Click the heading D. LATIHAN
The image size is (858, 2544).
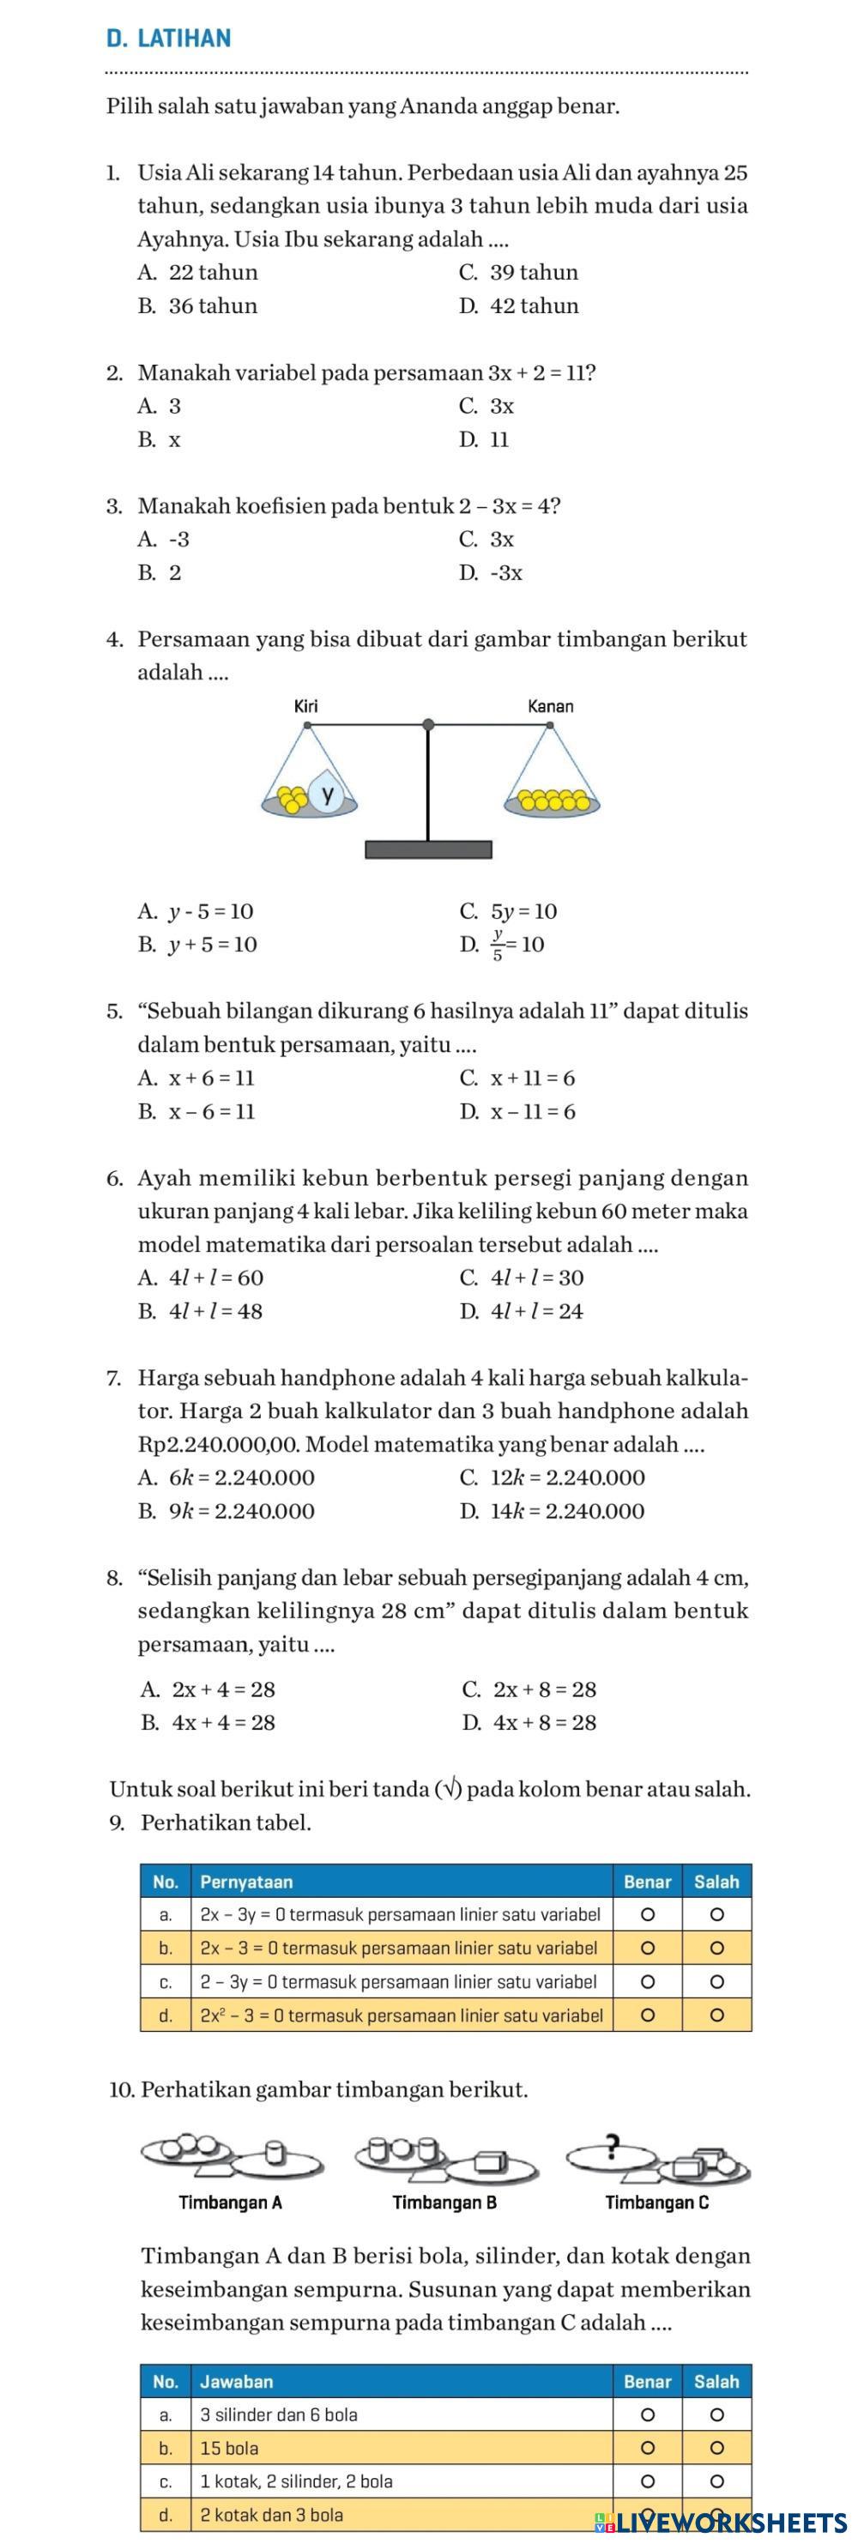coord(168,39)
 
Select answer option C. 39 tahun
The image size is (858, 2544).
coord(518,272)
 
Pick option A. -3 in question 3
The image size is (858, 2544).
coord(164,539)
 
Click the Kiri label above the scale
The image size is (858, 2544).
coord(307,706)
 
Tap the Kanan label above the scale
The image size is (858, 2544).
coord(550,706)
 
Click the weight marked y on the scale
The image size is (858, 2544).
coord(327,794)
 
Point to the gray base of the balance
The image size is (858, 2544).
coord(428,850)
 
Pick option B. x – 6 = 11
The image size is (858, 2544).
coord(196,1111)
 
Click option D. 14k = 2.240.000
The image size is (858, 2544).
coord(552,1510)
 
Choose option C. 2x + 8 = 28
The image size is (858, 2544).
coord(529,1689)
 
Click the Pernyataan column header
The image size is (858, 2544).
coord(246,1882)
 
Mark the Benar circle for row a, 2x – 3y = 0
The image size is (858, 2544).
coord(648,1915)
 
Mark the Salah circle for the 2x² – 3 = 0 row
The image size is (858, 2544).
coord(718,2015)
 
